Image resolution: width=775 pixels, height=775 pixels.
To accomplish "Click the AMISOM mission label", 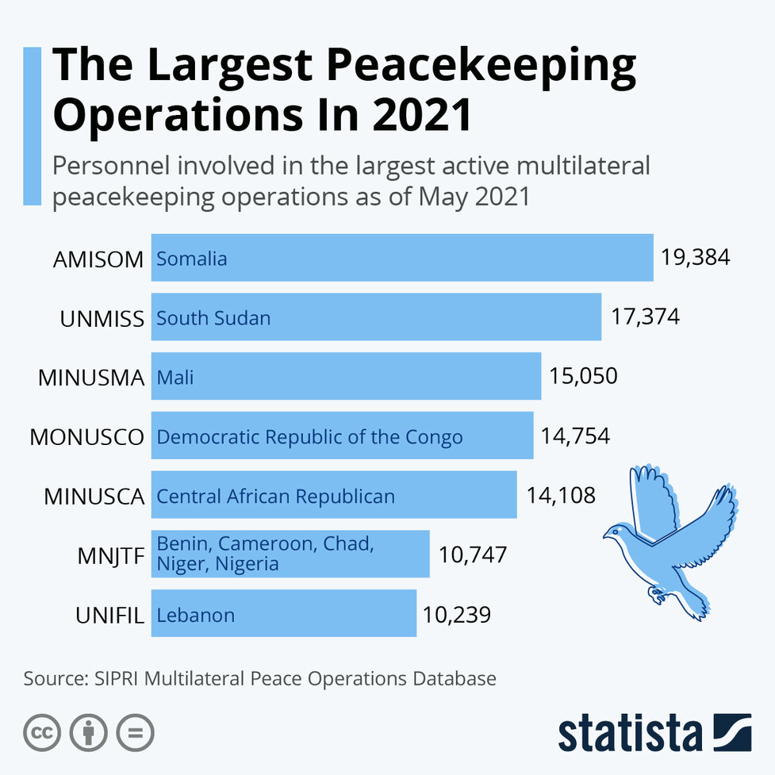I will pos(98,259).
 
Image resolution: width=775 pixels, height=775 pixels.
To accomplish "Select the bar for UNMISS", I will pos(376,317).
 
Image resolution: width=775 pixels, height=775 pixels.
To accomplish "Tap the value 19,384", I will pos(695,258).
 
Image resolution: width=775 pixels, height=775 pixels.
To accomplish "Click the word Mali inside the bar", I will pos(175,378).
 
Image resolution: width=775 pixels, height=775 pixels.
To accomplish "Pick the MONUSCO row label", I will pos(87,436).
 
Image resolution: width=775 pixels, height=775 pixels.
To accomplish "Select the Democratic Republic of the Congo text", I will pos(309,436).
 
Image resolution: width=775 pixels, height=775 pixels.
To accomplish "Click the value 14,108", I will pos(561,496).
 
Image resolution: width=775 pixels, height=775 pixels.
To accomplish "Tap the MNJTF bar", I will pos(290,554).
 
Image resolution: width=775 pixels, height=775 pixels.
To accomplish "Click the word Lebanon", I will pos(195,615).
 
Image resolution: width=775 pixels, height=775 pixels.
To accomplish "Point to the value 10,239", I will pos(457,614).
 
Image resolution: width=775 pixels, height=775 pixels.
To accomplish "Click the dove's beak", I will pos(605,535).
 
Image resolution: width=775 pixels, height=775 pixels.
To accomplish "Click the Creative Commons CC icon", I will pos(42,733).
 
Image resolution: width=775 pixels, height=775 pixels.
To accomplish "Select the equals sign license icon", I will pos(135,733).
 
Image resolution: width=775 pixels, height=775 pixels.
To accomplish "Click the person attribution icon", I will pos(88,733).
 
